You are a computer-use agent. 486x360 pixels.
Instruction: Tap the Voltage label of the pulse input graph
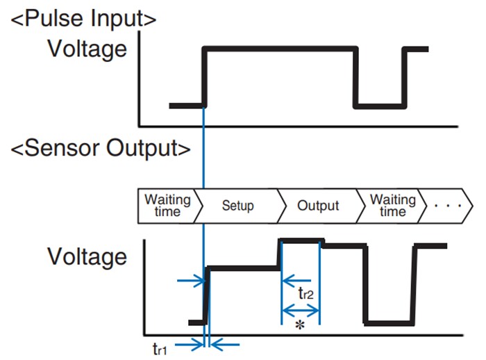coord(87,49)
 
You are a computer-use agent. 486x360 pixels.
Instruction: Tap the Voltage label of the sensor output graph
coord(87,256)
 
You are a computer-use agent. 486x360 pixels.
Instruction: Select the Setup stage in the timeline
coord(237,206)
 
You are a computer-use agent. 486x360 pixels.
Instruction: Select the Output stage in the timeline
coord(318,206)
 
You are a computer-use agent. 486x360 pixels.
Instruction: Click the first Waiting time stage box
coord(167,206)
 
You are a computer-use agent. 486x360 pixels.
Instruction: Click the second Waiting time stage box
coord(393,206)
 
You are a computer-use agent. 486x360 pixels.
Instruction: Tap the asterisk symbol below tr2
coord(300,325)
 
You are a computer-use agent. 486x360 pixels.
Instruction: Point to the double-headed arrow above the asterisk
coord(300,308)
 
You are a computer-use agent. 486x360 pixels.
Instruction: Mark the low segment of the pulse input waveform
coord(379,106)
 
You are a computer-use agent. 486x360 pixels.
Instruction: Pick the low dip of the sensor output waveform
coord(389,322)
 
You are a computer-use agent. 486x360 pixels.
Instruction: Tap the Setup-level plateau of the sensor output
coord(244,267)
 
